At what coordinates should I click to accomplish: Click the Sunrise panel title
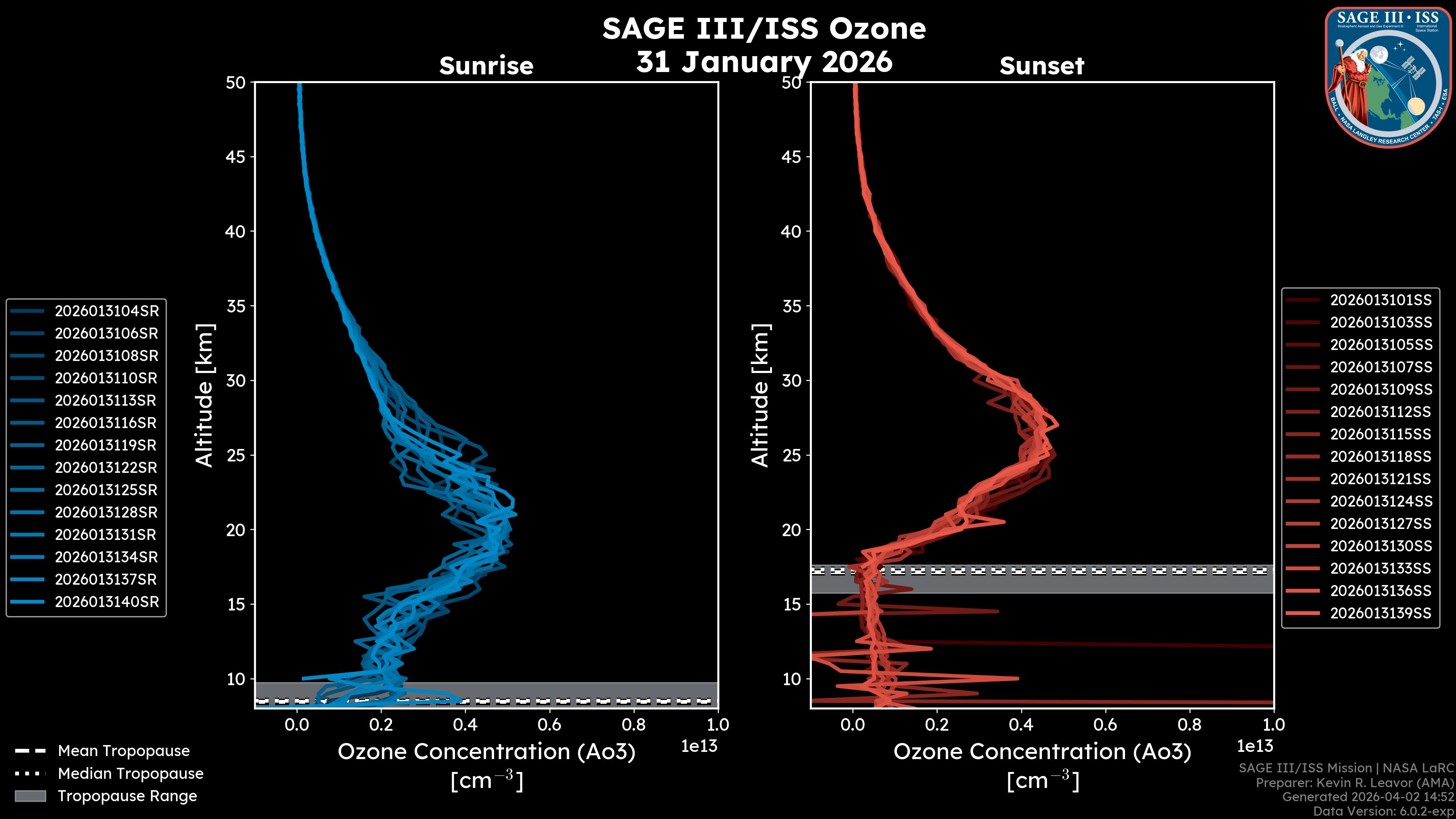pos(486,66)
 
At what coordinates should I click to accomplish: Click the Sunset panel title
pos(1042,66)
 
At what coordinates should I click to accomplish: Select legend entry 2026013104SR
pos(106,311)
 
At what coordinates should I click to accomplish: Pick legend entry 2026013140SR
pos(106,602)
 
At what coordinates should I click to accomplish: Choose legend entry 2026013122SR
pos(106,468)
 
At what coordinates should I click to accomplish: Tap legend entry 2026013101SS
pos(1381,300)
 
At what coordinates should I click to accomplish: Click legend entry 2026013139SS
pos(1381,613)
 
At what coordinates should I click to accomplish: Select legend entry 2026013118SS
pos(1381,457)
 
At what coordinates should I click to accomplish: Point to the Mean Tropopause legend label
pos(124,751)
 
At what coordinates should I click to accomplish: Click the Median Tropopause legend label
pos(130,773)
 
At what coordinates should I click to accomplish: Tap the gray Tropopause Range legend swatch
pos(30,796)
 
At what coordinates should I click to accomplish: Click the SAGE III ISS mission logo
pos(1387,77)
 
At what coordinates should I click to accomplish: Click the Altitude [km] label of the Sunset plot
pos(761,395)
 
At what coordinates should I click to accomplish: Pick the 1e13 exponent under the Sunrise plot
pos(699,746)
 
